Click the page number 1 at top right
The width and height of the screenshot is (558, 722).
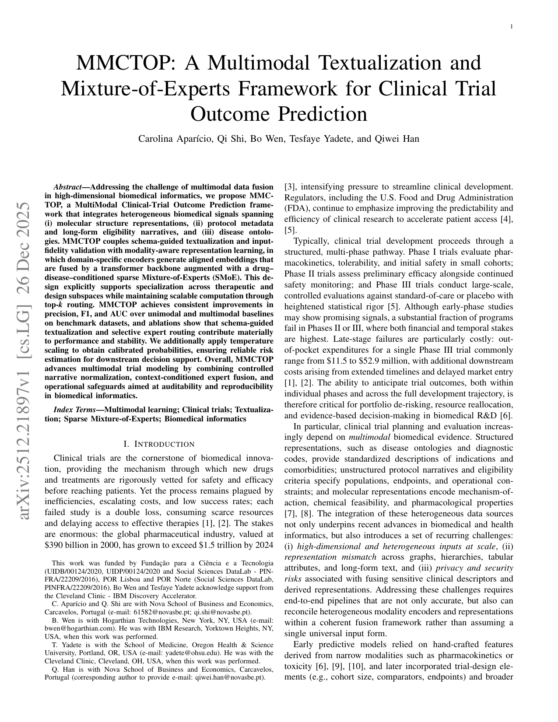511,27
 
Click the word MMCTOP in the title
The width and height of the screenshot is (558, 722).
124,63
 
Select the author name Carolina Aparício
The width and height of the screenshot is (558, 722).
173,139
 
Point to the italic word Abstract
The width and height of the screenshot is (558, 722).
68,187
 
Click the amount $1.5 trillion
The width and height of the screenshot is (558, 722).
219,545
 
